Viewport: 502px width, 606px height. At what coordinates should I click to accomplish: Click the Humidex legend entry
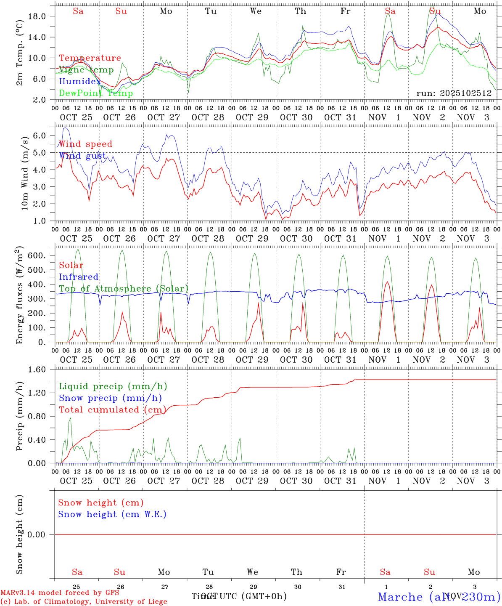[x=80, y=82]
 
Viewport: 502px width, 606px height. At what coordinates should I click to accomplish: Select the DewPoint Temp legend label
[x=96, y=93]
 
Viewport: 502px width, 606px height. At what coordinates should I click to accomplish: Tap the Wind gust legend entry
[x=82, y=156]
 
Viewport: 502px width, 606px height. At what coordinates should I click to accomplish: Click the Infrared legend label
[x=79, y=277]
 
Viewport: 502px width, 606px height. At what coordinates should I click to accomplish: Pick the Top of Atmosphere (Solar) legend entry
[x=124, y=289]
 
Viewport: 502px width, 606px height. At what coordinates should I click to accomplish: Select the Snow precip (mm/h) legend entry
[x=110, y=398]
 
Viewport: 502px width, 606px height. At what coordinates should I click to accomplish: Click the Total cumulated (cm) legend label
[x=112, y=410]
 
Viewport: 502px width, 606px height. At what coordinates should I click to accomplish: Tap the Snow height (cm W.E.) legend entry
[x=112, y=514]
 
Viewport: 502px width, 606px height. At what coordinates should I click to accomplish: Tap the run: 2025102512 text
[x=454, y=93]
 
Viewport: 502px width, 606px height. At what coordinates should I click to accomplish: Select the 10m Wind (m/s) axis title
[x=25, y=173]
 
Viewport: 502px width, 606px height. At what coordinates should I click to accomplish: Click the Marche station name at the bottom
[x=400, y=597]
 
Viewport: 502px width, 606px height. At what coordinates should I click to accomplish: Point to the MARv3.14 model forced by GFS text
[x=60, y=593]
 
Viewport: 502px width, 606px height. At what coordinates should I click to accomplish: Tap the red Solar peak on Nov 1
[x=387, y=282]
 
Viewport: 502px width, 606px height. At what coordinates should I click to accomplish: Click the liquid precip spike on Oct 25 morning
[x=70, y=418]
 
